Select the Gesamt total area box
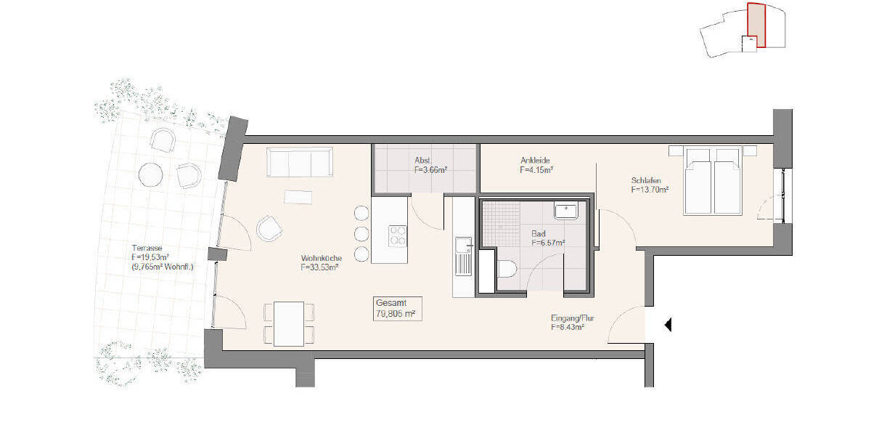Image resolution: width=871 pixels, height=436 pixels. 396,309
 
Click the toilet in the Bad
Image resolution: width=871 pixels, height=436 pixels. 507,270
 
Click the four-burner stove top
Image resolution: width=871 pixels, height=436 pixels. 398,235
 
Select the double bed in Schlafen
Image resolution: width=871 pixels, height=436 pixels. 713,181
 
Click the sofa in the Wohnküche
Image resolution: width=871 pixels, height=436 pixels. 299,161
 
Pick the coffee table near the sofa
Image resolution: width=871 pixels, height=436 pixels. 299,196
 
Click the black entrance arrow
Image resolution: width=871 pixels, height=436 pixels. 668,326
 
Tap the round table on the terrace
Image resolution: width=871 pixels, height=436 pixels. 151,174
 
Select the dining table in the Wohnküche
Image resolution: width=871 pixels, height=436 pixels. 289,323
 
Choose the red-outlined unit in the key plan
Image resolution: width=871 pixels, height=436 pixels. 756,25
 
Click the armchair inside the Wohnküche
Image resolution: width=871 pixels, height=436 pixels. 269,228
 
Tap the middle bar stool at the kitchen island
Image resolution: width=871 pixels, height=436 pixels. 361,233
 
